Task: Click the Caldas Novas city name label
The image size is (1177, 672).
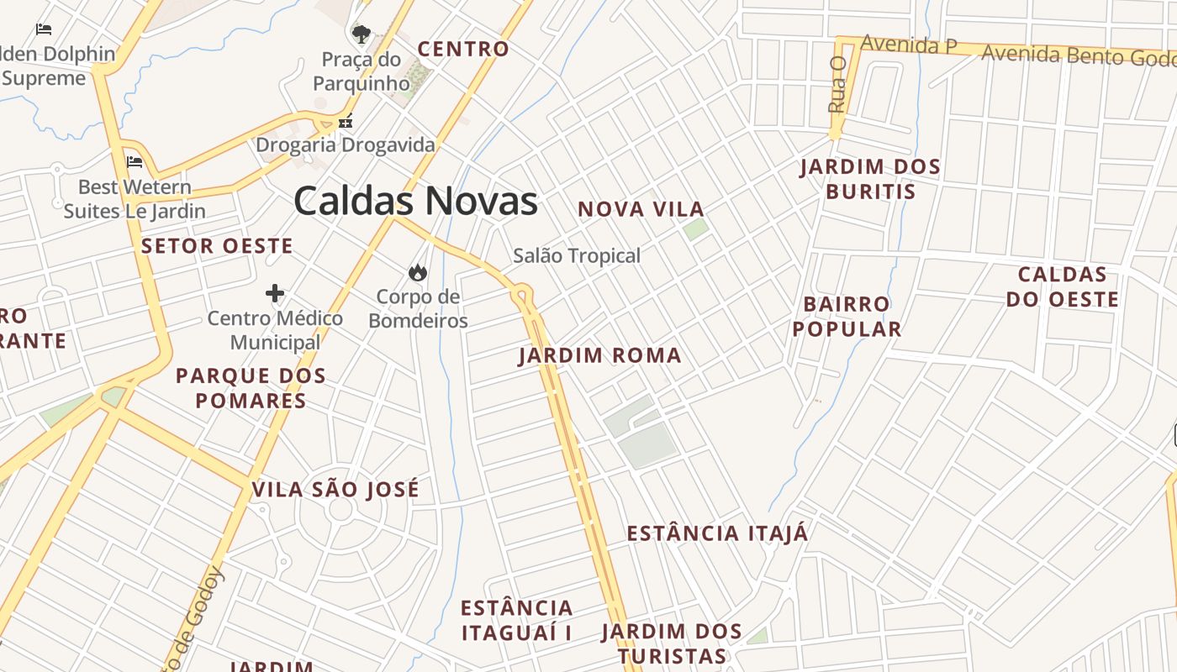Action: (x=415, y=202)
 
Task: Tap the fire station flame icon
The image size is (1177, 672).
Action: (x=417, y=272)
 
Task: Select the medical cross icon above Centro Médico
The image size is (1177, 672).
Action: (x=275, y=293)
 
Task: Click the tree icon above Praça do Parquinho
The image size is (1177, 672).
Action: (x=362, y=34)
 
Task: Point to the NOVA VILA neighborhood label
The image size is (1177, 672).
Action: (x=641, y=209)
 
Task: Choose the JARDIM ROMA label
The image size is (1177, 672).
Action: (x=600, y=355)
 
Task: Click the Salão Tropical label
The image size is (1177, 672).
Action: (x=577, y=255)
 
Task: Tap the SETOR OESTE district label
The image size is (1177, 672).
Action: (x=217, y=246)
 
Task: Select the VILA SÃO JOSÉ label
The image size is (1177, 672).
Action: (x=335, y=490)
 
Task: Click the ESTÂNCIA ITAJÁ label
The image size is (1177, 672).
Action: (x=718, y=533)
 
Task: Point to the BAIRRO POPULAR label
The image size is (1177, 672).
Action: (x=847, y=317)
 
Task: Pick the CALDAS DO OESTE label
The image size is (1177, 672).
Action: (x=1063, y=287)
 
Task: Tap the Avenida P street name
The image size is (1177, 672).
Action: (x=909, y=45)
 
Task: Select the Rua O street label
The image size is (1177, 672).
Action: (x=837, y=85)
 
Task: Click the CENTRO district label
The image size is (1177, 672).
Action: (x=463, y=50)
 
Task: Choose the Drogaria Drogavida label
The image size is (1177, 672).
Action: (x=346, y=144)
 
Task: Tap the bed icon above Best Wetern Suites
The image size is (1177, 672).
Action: (x=135, y=162)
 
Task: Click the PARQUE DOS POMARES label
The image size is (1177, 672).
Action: (x=251, y=388)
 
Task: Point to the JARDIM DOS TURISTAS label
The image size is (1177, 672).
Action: (x=672, y=643)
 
